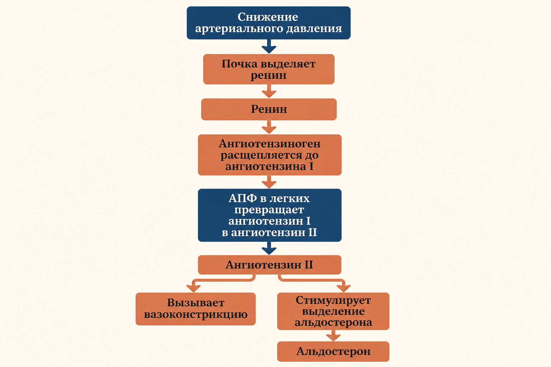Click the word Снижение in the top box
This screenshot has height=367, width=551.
[268, 17]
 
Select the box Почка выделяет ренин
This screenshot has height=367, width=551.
[269, 69]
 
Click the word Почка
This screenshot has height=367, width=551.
[239, 64]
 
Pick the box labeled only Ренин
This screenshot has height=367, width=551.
[269, 109]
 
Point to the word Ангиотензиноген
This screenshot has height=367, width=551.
[270, 144]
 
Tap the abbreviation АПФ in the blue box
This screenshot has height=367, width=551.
[242, 198]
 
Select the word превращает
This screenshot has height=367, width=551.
[269, 210]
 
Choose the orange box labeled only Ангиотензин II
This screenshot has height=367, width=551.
[270, 265]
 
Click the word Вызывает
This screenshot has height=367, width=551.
[196, 302]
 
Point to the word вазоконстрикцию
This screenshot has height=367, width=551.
[196, 314]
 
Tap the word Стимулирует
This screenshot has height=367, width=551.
[333, 300]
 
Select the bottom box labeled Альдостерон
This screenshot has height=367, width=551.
[333, 352]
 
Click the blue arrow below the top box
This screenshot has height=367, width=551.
[269, 46]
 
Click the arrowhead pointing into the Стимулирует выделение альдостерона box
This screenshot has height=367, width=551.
[343, 289]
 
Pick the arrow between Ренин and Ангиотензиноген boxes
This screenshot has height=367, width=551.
[269, 127]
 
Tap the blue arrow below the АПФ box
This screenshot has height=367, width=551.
[269, 248]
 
